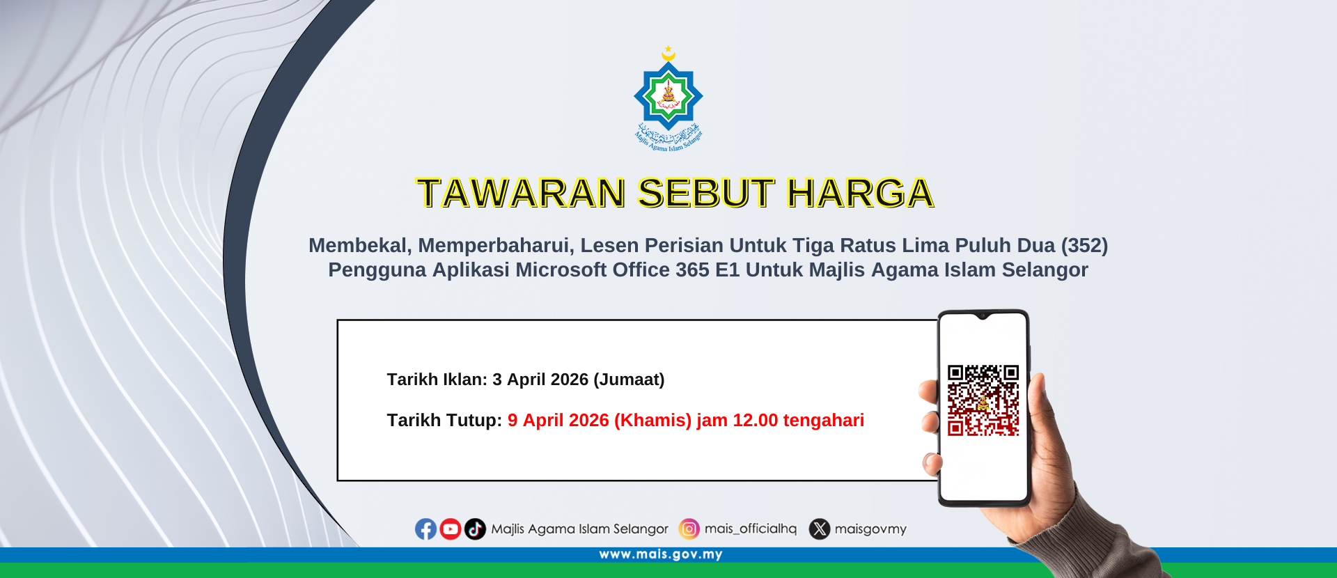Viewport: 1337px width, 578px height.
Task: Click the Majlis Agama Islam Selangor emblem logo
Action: pyautogui.click(x=668, y=98)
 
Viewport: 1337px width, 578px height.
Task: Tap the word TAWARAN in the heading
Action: pyautogui.click(x=521, y=193)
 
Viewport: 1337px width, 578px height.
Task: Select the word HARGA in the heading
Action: pyautogui.click(x=860, y=193)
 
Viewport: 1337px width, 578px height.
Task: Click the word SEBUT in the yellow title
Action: pyautogui.click(x=705, y=193)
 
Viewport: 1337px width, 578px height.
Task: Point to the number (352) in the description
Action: pyautogui.click(x=1084, y=245)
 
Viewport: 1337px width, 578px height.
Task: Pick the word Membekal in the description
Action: pyautogui.click(x=360, y=245)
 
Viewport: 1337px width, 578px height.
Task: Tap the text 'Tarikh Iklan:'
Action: pyautogui.click(x=437, y=380)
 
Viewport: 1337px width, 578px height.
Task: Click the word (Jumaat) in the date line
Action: pyautogui.click(x=629, y=380)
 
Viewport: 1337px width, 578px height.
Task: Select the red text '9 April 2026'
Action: pyautogui.click(x=558, y=421)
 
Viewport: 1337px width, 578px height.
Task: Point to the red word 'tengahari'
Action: pyautogui.click(x=824, y=421)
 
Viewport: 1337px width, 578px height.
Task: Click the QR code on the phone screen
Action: pyautogui.click(x=983, y=400)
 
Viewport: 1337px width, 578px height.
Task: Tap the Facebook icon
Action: pyautogui.click(x=425, y=529)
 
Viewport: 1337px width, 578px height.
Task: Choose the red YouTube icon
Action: pyautogui.click(x=451, y=529)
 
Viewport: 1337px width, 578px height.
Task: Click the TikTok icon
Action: pyautogui.click(x=475, y=529)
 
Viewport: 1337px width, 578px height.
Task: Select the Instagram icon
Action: pyautogui.click(x=689, y=529)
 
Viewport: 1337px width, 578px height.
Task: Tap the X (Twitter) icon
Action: pyautogui.click(x=820, y=529)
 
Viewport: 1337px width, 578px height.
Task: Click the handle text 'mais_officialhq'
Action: pyautogui.click(x=751, y=529)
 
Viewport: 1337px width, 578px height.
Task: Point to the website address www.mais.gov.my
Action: pyautogui.click(x=661, y=554)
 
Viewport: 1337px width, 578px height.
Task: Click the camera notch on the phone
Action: pyautogui.click(x=983, y=316)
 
